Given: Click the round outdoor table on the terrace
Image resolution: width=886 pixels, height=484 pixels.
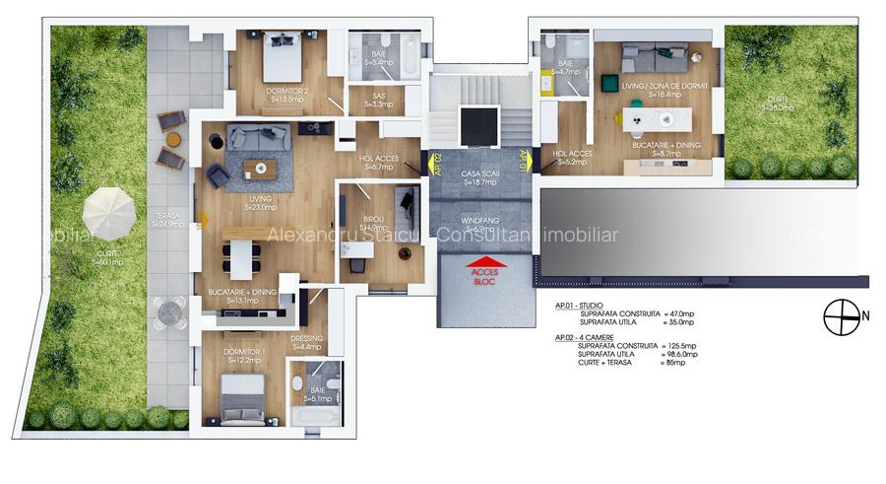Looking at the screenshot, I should (169, 312).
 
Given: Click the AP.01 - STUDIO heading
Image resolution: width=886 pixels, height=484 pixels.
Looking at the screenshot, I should (580, 306).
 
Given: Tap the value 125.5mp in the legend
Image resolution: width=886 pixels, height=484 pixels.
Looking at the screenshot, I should (678, 346).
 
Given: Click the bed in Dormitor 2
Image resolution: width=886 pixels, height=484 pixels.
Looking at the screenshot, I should (285, 58).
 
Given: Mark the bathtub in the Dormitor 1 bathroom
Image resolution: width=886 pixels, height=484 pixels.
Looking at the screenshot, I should (314, 418).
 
